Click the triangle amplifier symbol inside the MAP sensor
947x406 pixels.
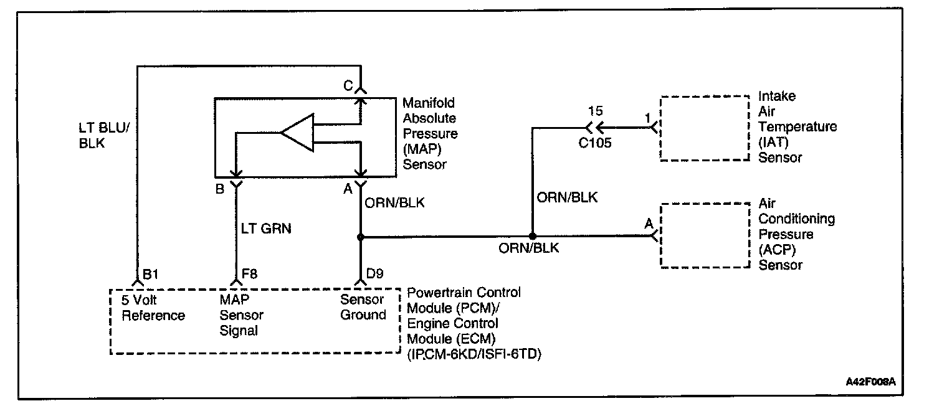tap(297, 133)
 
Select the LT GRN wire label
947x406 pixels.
tap(266, 229)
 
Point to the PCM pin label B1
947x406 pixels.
tap(151, 274)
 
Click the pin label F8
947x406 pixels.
tap(249, 274)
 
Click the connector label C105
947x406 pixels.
tap(594, 143)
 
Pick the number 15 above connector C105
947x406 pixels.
tap(595, 112)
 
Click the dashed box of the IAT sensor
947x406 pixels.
tap(705, 128)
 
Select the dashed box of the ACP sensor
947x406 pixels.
tap(705, 235)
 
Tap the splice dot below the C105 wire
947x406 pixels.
tap(532, 237)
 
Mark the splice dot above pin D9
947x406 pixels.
tap(361, 237)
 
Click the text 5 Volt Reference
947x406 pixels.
tap(153, 308)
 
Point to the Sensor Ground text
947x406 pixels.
tap(363, 307)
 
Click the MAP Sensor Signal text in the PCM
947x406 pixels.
tap(241, 315)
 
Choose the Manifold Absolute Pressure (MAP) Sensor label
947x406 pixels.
tap(430, 133)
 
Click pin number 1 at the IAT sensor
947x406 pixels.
tap(647, 116)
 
